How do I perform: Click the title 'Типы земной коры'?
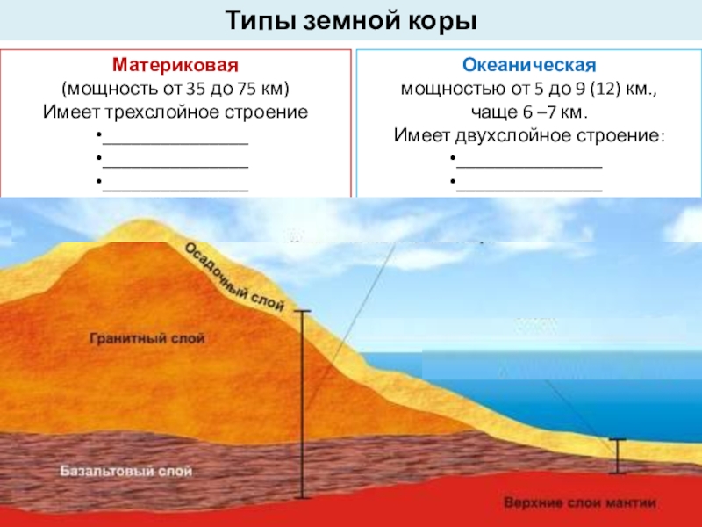(x=351, y=20)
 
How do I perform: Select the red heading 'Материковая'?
(x=175, y=65)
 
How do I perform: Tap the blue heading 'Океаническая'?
(x=529, y=65)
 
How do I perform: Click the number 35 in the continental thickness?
(x=194, y=89)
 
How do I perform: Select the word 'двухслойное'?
(x=513, y=135)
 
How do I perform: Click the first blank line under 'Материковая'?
(x=175, y=144)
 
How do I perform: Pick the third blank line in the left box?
(x=175, y=191)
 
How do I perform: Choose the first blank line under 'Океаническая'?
(x=529, y=167)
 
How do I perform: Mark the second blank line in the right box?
(x=529, y=191)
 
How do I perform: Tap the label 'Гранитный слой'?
(x=147, y=338)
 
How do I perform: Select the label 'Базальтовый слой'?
(x=125, y=471)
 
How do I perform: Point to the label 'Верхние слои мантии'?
(x=580, y=502)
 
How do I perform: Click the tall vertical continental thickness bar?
(x=302, y=404)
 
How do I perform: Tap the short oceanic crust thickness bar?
(x=618, y=456)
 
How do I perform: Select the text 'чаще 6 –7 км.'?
(x=529, y=112)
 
